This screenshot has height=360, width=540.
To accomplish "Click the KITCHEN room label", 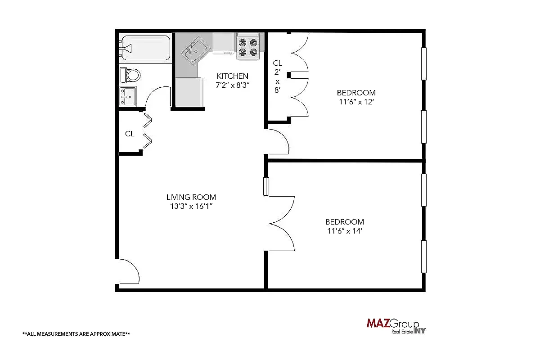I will (232, 76).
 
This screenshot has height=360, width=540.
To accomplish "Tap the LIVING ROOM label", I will (191, 197).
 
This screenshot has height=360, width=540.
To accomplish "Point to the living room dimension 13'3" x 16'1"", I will (191, 207).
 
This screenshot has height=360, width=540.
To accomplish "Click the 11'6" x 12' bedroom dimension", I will (356, 102).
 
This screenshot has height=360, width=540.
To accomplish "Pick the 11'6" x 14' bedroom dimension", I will (344, 231).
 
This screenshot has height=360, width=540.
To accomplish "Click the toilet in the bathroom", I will (131, 74).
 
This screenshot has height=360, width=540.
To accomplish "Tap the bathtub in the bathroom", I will (145, 47).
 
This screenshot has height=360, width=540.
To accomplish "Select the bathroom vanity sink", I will (129, 96).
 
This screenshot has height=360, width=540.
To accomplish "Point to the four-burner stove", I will (248, 47).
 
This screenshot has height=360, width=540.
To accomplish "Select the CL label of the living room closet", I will (130, 134).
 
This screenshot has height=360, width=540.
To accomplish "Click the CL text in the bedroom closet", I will (277, 63).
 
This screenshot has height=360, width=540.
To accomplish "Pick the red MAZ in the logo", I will (377, 324).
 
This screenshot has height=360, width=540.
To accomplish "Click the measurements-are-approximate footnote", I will (76, 334).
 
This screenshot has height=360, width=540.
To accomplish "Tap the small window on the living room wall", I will (266, 187).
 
